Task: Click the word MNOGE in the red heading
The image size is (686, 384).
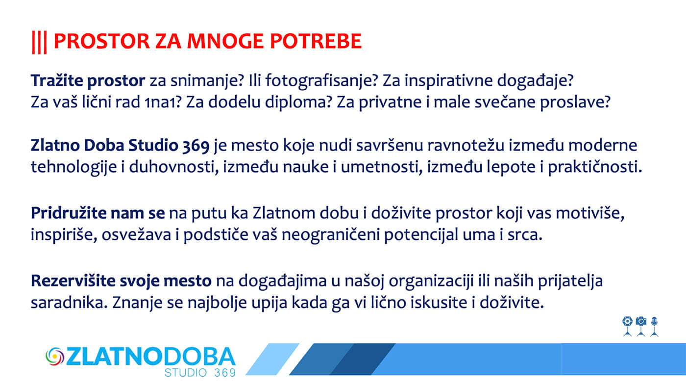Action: [x=225, y=41]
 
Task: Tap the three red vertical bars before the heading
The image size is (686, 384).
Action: [x=39, y=43]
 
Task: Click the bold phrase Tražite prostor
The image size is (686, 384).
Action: [x=88, y=81]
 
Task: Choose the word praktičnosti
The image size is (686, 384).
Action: [x=595, y=167]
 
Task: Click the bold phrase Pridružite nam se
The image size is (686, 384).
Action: [x=98, y=213]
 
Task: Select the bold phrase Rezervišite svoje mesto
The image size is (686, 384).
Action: [x=122, y=281]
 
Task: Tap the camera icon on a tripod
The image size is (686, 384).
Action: [x=641, y=327]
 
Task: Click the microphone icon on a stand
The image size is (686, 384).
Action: [x=654, y=327]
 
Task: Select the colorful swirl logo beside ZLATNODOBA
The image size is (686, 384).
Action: [x=55, y=357]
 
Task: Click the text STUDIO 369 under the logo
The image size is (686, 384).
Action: [x=200, y=373]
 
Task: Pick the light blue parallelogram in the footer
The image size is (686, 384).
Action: [x=272, y=359]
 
